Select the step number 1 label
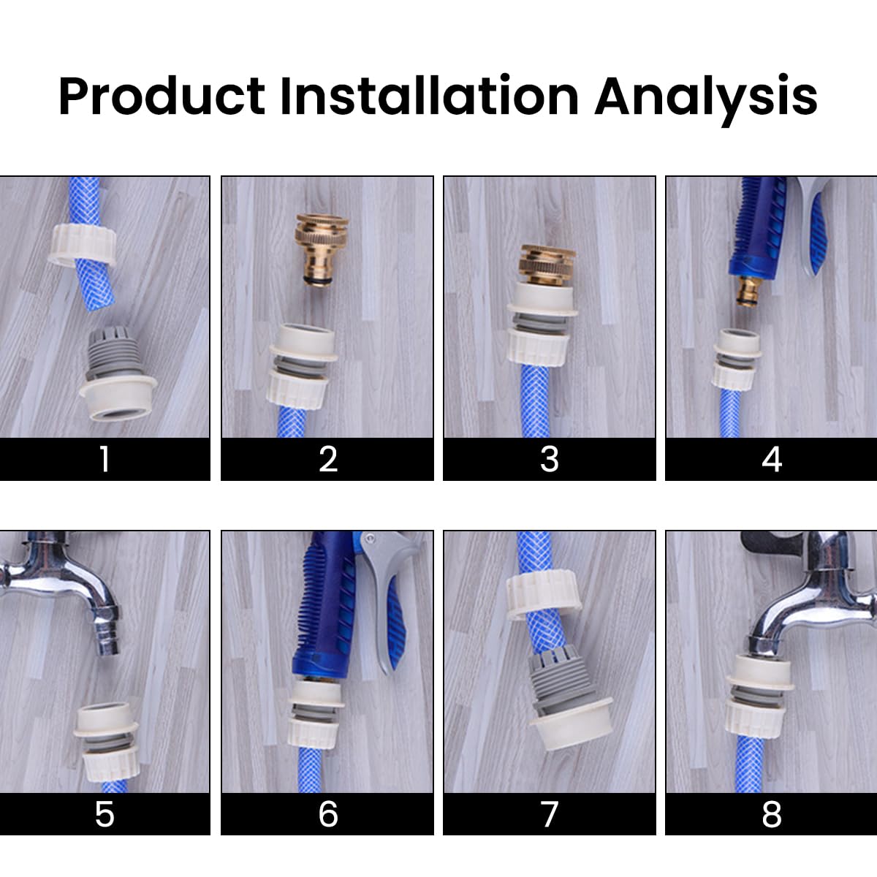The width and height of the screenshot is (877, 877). click(105, 459)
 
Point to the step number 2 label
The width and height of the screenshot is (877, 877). click(327, 459)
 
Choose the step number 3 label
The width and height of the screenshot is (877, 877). click(549, 459)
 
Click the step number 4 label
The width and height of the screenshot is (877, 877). click(771, 459)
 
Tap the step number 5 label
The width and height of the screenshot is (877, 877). click(105, 813)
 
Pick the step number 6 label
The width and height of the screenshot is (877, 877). click(327, 813)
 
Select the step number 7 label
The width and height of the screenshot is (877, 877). click(549, 813)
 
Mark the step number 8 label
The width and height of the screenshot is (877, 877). click(771, 813)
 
